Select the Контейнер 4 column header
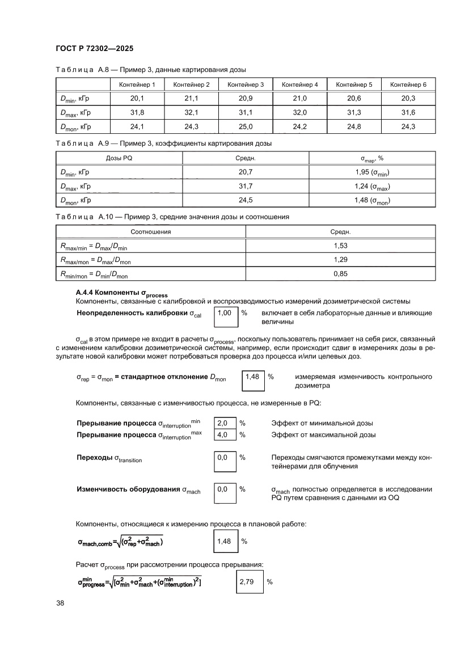pyautogui.click(x=299, y=85)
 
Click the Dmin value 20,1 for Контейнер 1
pyautogui.click(x=137, y=98)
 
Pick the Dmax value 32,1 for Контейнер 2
pyautogui.click(x=191, y=112)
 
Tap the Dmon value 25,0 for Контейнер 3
pyautogui.click(x=246, y=126)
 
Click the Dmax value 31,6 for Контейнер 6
pyautogui.click(x=408, y=112)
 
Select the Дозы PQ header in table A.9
pyautogui.click(x=119, y=158)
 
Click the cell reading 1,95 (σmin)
pyautogui.click(x=372, y=172)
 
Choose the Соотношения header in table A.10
pyautogui.click(x=151, y=232)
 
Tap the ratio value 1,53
pyautogui.click(x=340, y=246)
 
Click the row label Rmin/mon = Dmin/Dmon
pyautogui.click(x=94, y=275)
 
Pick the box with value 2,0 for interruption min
pyautogui.click(x=223, y=423)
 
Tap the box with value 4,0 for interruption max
pyautogui.click(x=223, y=435)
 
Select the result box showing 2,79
pyautogui.click(x=248, y=582)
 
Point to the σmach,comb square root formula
pyautogui.click(x=121, y=542)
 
